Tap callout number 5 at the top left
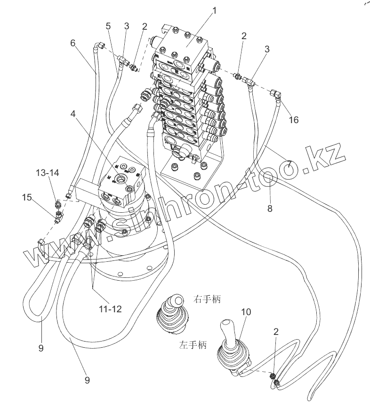point(108,26)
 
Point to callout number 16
point(293,120)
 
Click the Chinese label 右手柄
point(207,299)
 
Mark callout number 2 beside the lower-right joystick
point(276,332)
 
